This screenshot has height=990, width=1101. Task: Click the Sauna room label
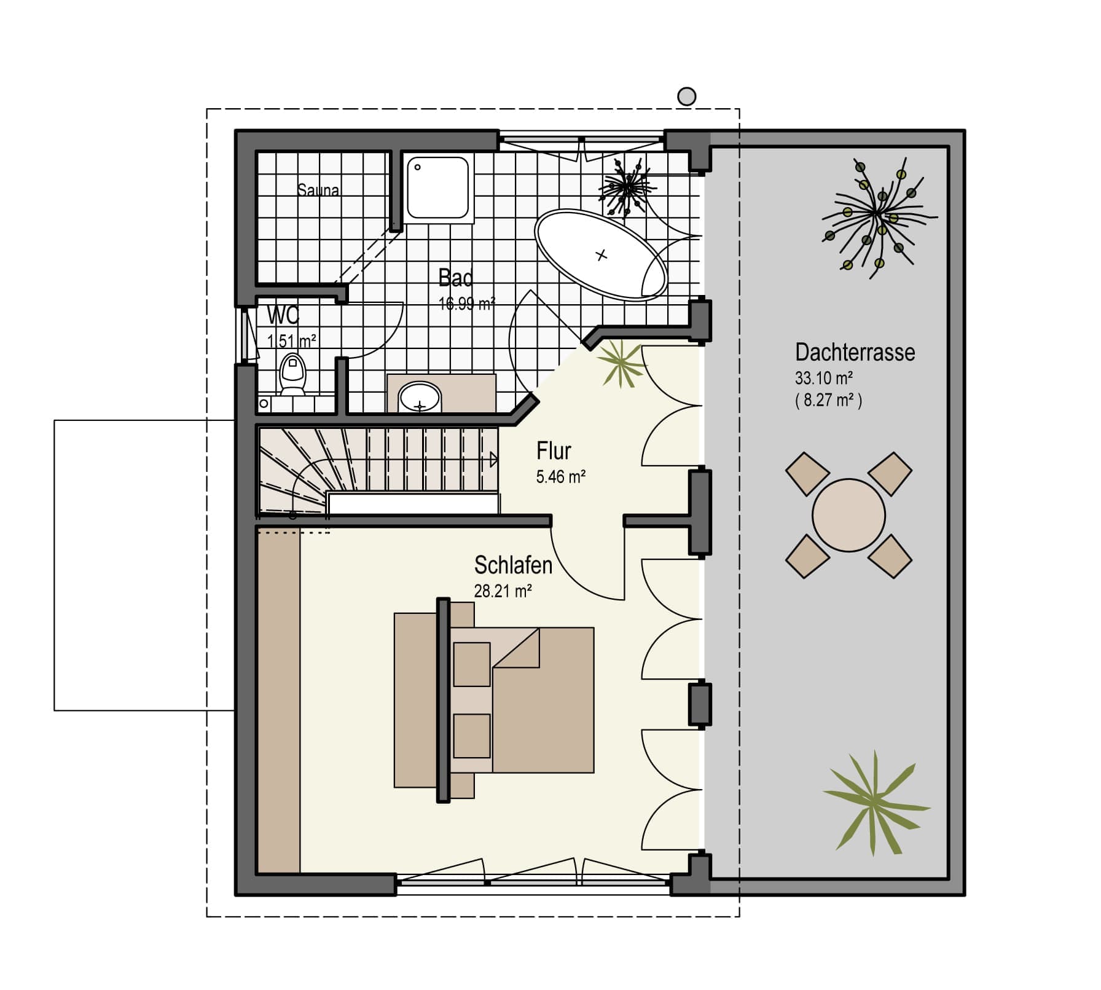(318, 190)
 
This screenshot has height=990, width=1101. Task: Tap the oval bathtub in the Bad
(601, 254)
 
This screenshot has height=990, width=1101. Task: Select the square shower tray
(437, 187)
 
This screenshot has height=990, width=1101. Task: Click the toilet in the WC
(292, 372)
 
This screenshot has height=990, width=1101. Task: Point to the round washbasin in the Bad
(420, 397)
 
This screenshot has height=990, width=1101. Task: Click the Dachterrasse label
(855, 352)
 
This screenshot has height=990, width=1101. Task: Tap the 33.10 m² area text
(824, 377)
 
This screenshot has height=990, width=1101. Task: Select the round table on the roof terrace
(848, 515)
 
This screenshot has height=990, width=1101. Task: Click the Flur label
(554, 451)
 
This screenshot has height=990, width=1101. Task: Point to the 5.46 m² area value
(560, 477)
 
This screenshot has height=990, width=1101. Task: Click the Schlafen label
(513, 565)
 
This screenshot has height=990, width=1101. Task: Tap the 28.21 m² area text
(503, 591)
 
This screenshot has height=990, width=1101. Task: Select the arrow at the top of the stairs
(494, 459)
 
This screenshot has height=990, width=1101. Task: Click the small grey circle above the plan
(686, 96)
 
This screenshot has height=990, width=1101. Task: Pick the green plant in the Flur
(621, 364)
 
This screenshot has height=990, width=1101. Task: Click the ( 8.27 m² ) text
(829, 401)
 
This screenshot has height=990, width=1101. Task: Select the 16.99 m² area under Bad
(467, 303)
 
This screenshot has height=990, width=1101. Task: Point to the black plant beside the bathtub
(625, 186)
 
